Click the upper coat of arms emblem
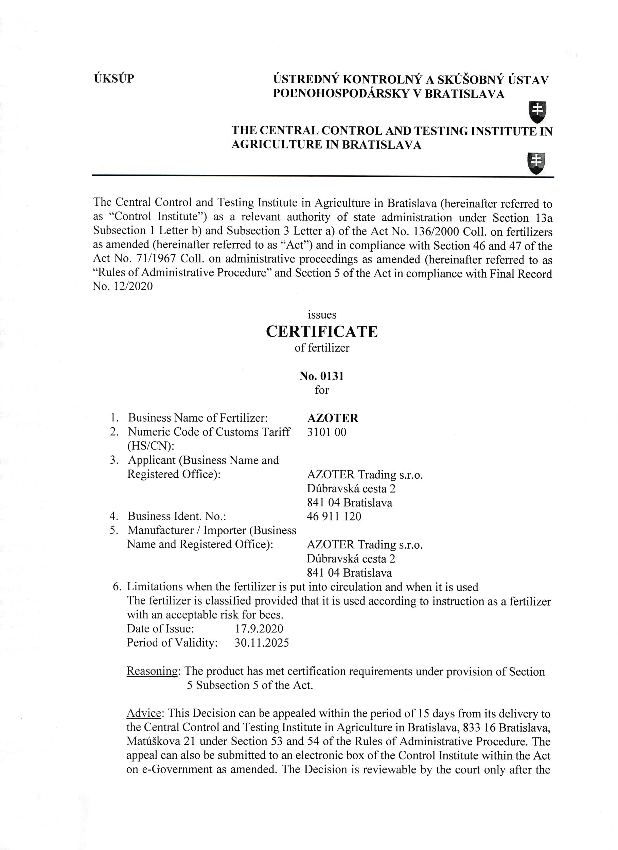(x=537, y=112)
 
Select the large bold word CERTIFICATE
(x=322, y=332)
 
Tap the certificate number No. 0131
(x=321, y=376)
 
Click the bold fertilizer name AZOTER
(x=333, y=418)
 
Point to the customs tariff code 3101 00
(x=326, y=432)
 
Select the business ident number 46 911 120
(x=334, y=516)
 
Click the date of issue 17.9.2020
(x=259, y=629)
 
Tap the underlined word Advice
(x=144, y=713)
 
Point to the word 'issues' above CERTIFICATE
(x=322, y=314)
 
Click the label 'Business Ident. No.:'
(x=177, y=516)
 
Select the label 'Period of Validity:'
(x=172, y=643)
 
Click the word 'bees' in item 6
(x=270, y=615)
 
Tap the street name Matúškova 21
(x=160, y=741)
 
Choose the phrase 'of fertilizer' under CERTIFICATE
(x=322, y=348)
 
